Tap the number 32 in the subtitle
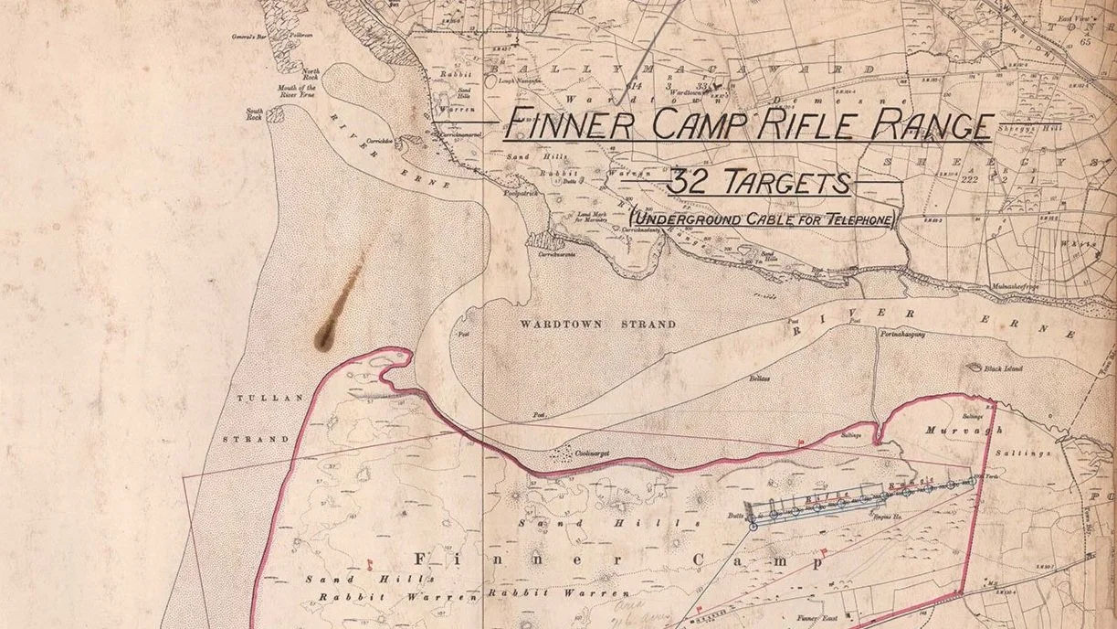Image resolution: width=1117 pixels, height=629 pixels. pyautogui.click(x=686, y=182)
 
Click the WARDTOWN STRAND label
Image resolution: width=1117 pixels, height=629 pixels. pyautogui.click(x=597, y=325)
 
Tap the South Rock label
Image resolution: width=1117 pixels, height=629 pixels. pyautogui.click(x=255, y=113)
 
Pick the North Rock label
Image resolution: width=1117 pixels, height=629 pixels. pyautogui.click(x=311, y=74)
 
